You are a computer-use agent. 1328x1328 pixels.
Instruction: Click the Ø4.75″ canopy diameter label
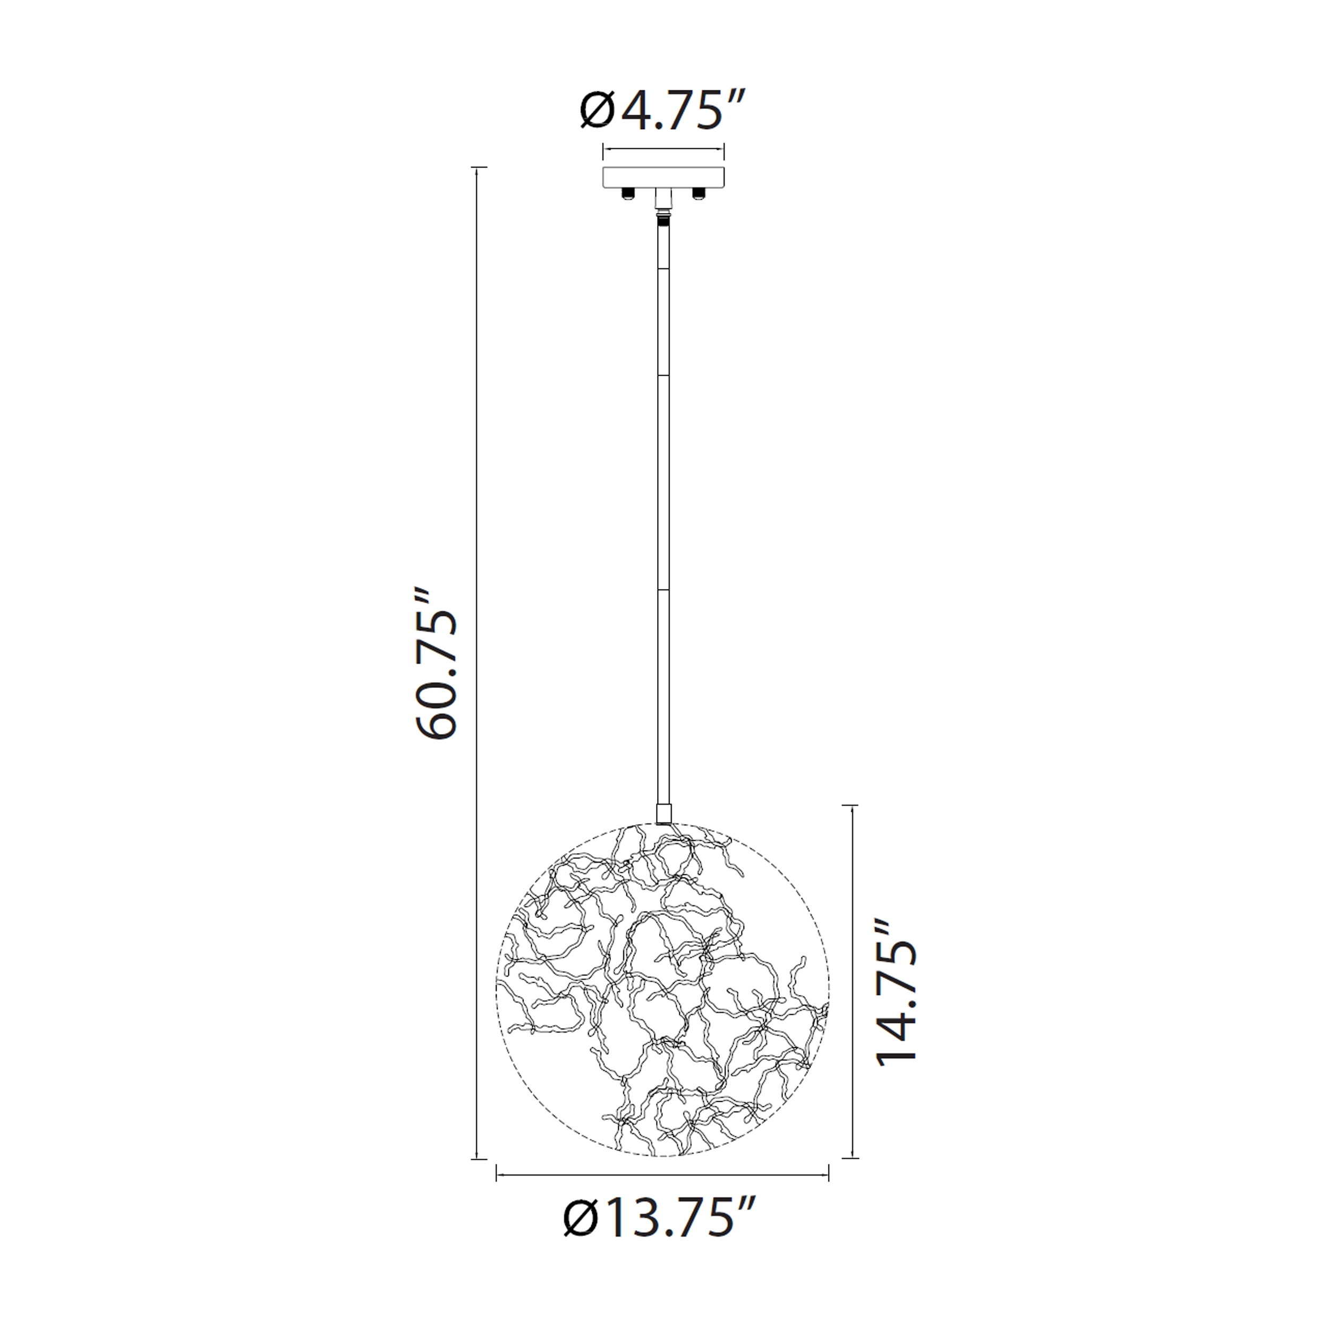662,110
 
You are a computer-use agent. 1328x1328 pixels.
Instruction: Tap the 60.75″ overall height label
437,664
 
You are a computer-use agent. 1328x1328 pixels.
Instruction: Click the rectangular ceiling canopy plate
663,177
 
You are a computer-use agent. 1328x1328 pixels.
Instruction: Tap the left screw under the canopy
627,194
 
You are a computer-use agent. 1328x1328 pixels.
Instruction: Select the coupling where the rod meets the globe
663,815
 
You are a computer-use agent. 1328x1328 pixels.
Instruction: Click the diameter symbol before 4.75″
597,110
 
